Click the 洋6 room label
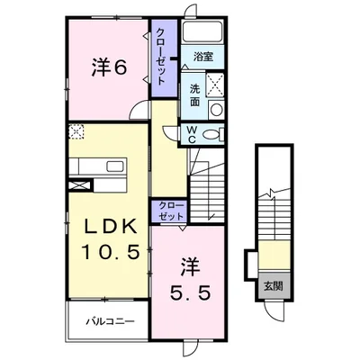click(109, 68)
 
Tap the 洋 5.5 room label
click(190, 279)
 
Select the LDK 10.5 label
click(110, 238)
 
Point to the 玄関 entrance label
click(274, 286)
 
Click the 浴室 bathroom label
click(203, 57)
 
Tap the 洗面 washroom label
click(194, 95)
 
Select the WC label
click(193, 135)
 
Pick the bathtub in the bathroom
click(202, 32)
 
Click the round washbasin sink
click(216, 110)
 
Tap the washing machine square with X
click(215, 85)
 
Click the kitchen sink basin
click(115, 166)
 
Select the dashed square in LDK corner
click(76, 131)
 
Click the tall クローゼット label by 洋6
click(161, 57)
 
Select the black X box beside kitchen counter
click(79, 184)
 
